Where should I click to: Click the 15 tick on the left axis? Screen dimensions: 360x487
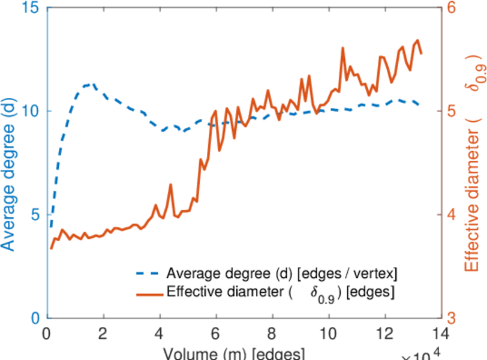pyautogui.click(x=30, y=8)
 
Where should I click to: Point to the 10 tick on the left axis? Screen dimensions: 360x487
pyautogui.click(x=30, y=112)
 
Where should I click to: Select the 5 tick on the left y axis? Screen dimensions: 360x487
pyautogui.click(x=34, y=215)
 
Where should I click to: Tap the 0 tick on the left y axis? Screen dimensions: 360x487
pyautogui.click(x=34, y=318)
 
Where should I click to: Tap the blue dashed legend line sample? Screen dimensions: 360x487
pyautogui.click(x=148, y=274)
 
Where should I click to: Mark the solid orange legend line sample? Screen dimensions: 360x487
pyautogui.click(x=148, y=294)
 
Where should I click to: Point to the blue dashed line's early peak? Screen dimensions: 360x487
pyautogui.click(x=92, y=85)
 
